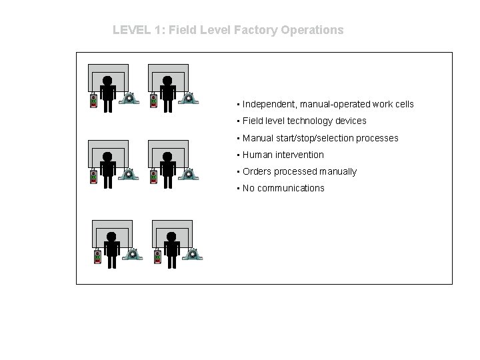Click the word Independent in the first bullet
tap(269, 104)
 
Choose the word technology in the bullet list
tap(312, 121)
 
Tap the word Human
tap(256, 155)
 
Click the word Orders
tap(256, 171)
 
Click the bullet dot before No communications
tap(237, 189)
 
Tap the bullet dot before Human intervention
tap(237, 155)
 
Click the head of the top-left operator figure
tap(107, 80)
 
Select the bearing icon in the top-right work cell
tap(189, 99)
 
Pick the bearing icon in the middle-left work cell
tap(129, 175)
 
